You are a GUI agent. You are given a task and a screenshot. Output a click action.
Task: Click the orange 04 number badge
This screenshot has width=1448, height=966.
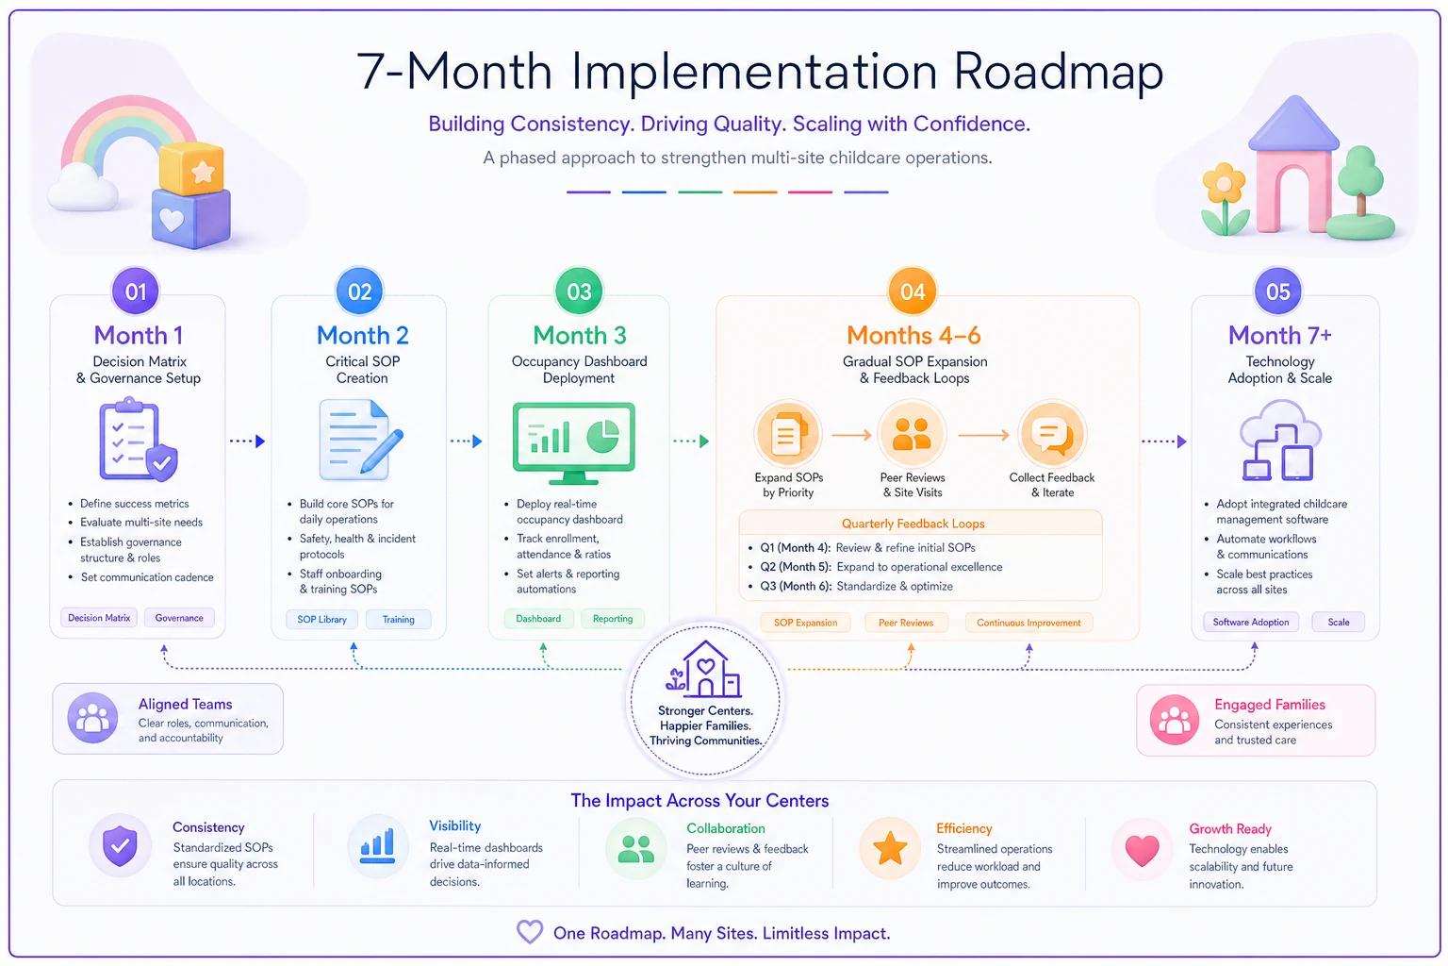pos(913,291)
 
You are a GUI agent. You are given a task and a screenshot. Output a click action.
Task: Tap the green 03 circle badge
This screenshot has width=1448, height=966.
pos(579,291)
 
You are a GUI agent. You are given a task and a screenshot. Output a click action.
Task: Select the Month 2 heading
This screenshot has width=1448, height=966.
pos(363,335)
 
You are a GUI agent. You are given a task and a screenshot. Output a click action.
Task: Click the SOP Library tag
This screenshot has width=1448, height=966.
pos(321,619)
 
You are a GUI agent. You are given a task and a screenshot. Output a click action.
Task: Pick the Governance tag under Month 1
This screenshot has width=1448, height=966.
pos(179,618)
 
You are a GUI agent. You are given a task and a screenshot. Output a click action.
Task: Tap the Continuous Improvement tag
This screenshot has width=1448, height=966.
pos(1028,623)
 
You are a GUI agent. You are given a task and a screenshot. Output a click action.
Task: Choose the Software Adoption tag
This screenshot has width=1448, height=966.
pos(1251,622)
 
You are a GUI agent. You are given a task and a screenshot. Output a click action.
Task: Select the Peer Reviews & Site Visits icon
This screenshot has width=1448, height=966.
pos(912,434)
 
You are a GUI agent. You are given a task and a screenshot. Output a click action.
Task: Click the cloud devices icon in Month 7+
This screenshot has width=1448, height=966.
pos(1278,440)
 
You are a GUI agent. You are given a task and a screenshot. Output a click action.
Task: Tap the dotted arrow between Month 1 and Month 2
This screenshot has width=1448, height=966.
pos(248,441)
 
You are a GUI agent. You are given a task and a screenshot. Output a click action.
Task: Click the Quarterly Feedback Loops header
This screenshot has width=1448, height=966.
pos(913,524)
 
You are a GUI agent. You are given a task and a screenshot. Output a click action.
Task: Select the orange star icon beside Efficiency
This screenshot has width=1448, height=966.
pos(890,848)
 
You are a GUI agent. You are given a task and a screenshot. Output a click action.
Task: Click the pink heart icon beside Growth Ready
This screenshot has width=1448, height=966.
pos(1143,850)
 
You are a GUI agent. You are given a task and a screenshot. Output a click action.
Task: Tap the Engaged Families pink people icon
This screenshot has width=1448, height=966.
pos(1174,720)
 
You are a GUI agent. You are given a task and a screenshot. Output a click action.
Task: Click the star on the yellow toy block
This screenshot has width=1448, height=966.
pos(203,171)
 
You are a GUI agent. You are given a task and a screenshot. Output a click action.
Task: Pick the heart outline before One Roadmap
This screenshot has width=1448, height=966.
pos(530,932)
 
